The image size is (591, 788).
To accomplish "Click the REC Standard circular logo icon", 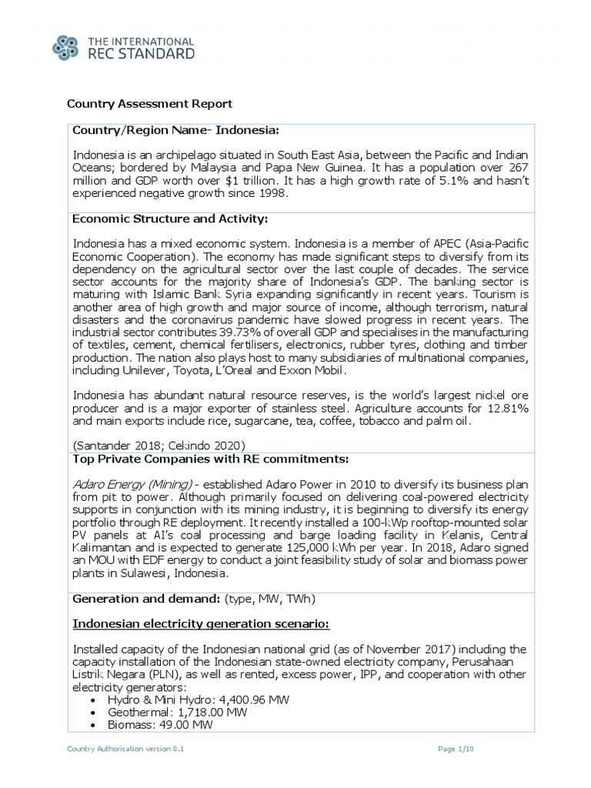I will coord(67,46).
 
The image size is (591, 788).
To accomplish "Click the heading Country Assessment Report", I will coord(149,103).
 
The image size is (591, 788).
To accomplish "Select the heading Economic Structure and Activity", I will coord(169,219).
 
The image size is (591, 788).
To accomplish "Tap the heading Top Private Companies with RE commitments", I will coord(210,459).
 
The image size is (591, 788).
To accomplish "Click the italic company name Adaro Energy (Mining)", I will coord(132,484).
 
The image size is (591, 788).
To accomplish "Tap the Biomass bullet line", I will coord(154,725).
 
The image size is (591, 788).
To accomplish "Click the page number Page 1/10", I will coord(459,748).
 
